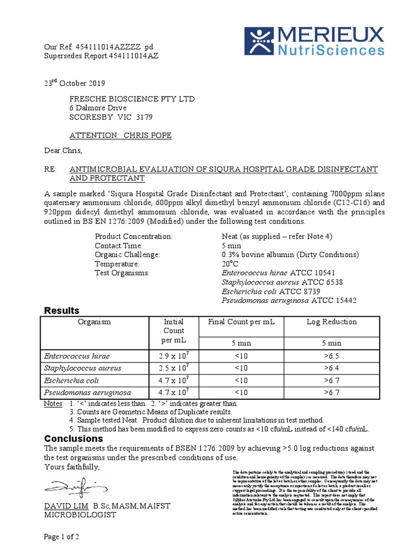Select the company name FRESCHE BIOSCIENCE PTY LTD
[x=132, y=99]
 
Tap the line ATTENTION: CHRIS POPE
[x=120, y=135]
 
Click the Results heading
[x=62, y=311]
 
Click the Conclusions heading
[x=73, y=439]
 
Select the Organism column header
[x=94, y=322]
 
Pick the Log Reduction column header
[x=331, y=322]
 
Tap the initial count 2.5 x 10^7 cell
[x=173, y=368]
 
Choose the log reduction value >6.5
[x=331, y=356]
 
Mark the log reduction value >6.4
[x=331, y=368]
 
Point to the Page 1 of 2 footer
[x=62, y=537]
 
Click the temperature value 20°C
[x=230, y=264]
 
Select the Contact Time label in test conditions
[x=119, y=246]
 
